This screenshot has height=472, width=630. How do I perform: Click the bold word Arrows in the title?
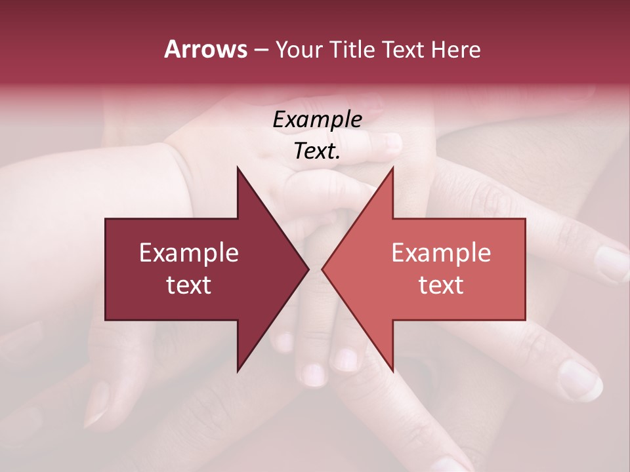[205, 49]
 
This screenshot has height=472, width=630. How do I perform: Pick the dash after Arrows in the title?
[261, 50]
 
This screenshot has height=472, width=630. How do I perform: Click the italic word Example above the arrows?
[317, 120]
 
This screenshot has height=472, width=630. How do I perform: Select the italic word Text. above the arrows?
[317, 151]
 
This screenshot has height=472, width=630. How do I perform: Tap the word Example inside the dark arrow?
[189, 253]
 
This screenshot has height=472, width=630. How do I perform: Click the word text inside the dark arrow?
[189, 285]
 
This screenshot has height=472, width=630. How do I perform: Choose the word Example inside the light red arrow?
[441, 253]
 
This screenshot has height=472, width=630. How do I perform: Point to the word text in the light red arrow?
[441, 285]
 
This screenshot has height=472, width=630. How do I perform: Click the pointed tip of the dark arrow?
[308, 269]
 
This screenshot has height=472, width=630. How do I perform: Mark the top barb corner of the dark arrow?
[238, 168]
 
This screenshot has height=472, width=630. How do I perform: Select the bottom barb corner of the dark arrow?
[238, 370]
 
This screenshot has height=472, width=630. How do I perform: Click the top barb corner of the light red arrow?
[392, 168]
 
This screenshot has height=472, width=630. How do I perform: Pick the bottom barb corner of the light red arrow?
[392, 370]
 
